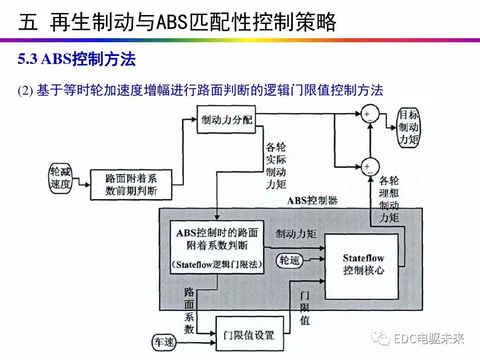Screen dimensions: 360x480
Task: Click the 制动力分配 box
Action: (226, 120)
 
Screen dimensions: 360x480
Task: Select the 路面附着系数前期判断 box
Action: (131, 184)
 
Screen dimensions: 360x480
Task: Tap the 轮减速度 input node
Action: (60, 178)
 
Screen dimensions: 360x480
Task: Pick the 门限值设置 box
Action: (249, 335)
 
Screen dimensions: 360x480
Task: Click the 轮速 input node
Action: (289, 260)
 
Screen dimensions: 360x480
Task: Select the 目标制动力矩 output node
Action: (408, 128)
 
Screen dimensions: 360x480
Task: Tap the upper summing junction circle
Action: (369, 114)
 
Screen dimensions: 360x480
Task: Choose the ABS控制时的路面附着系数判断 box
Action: (217, 246)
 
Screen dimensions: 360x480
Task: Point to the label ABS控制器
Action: (312, 200)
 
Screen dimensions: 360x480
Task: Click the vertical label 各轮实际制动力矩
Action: (276, 166)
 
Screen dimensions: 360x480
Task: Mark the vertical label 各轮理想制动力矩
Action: (389, 200)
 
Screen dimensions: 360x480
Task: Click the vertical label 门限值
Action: (304, 308)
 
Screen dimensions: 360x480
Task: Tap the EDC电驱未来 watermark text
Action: (429, 339)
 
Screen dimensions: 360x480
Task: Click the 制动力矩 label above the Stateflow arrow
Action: (296, 234)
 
